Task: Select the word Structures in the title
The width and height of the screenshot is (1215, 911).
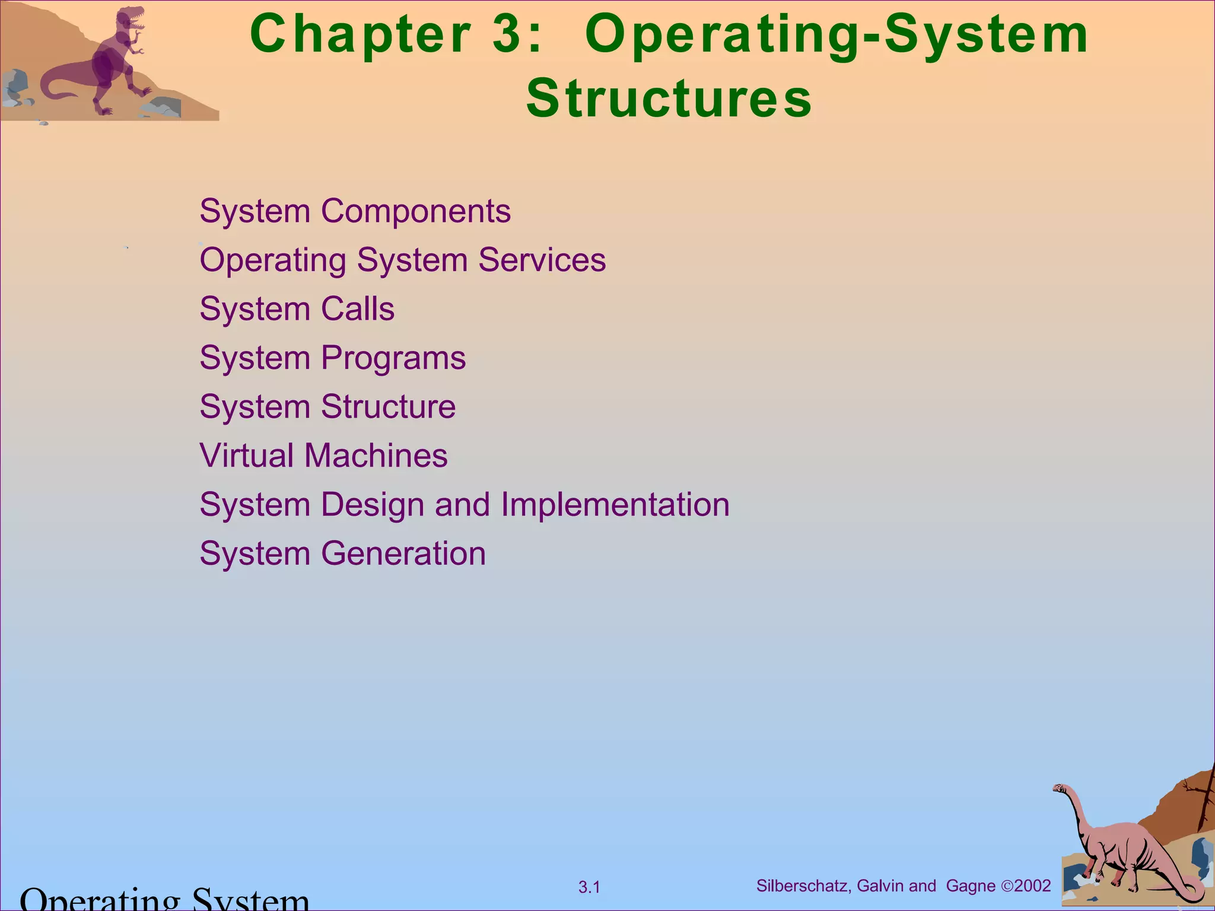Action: pos(669,98)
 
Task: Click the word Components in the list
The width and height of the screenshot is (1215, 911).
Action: pos(415,211)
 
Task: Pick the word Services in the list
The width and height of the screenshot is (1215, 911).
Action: pos(542,260)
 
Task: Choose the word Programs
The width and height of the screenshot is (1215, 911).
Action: pos(393,358)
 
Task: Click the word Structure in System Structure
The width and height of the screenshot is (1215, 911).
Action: pos(388,407)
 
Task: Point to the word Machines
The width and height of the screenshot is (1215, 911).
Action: pos(376,455)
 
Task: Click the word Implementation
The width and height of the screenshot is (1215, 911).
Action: pos(615,505)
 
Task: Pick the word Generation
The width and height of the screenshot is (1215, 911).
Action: pos(403,553)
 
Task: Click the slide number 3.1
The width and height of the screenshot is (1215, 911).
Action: pos(589,887)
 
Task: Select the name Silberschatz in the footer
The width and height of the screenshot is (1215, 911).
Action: pos(803,886)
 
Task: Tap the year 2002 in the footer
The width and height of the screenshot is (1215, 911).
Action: pos(1032,886)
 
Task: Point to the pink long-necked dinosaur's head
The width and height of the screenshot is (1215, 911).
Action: pos(1060,789)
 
